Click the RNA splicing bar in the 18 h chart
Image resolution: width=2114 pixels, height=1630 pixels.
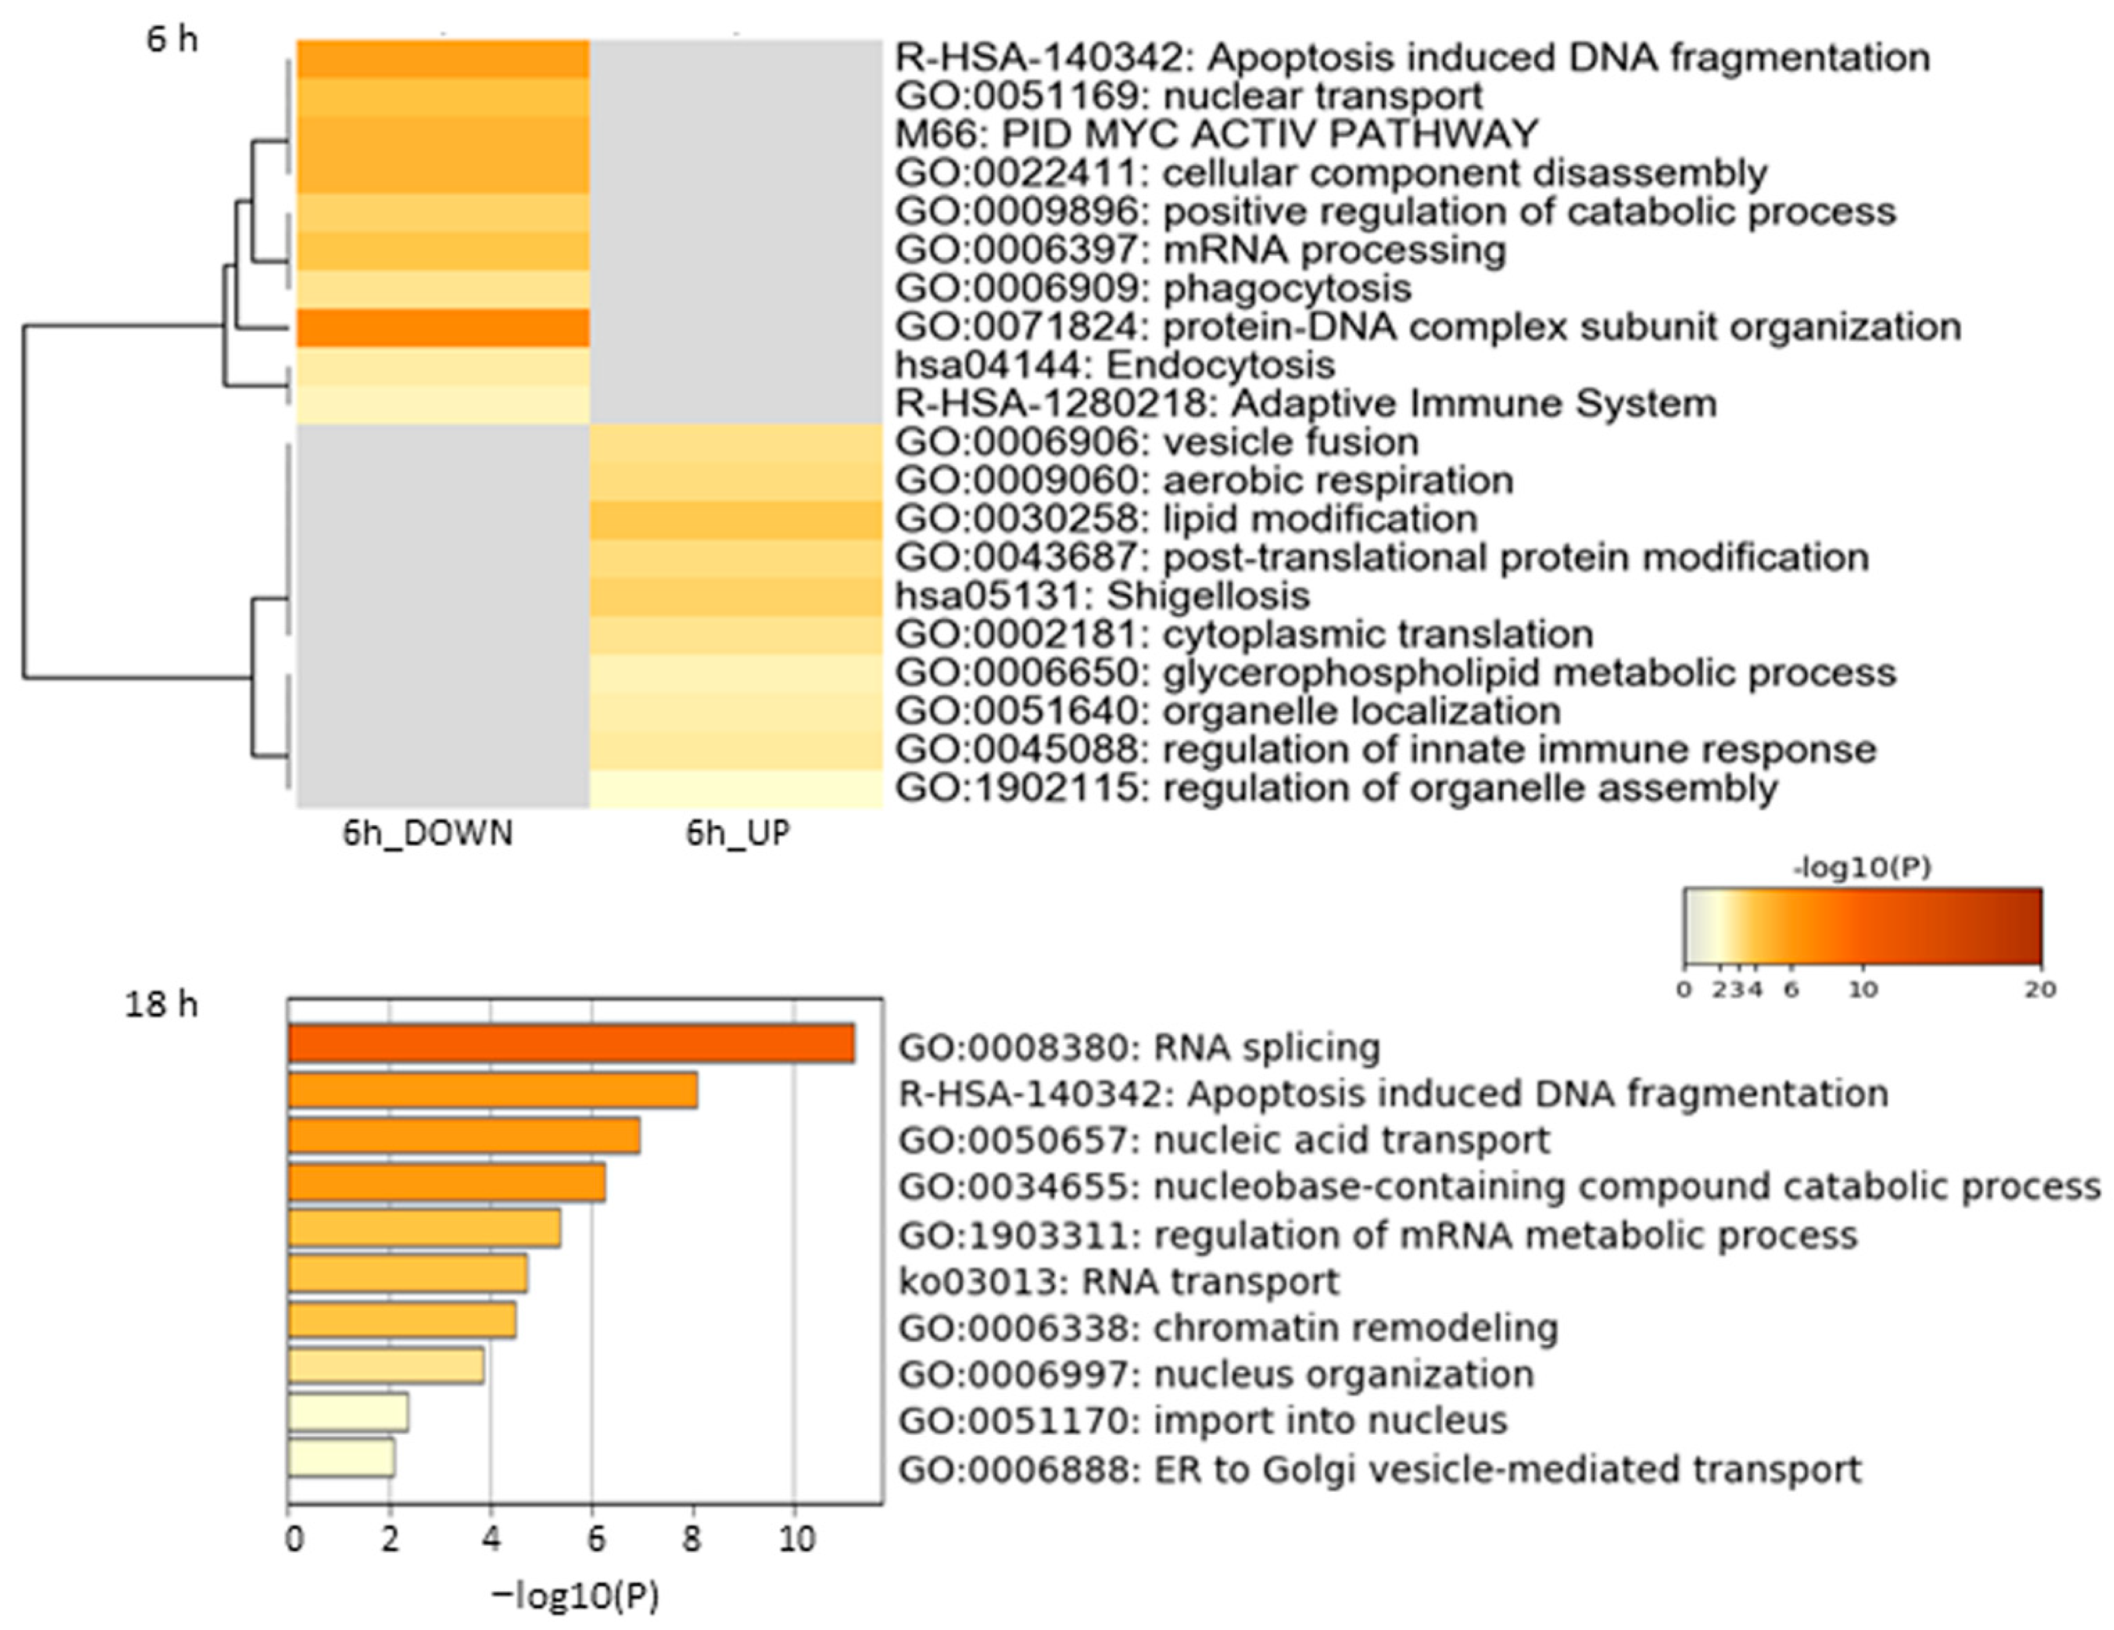coord(571,1043)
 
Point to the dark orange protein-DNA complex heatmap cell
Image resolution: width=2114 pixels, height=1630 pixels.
coord(442,327)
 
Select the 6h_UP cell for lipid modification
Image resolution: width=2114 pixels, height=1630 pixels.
coord(736,520)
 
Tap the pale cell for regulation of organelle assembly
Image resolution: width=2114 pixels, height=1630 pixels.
coord(736,789)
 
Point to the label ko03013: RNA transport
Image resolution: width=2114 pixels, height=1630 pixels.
coord(1118,1282)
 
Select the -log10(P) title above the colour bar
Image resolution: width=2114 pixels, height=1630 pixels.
coord(1861,868)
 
